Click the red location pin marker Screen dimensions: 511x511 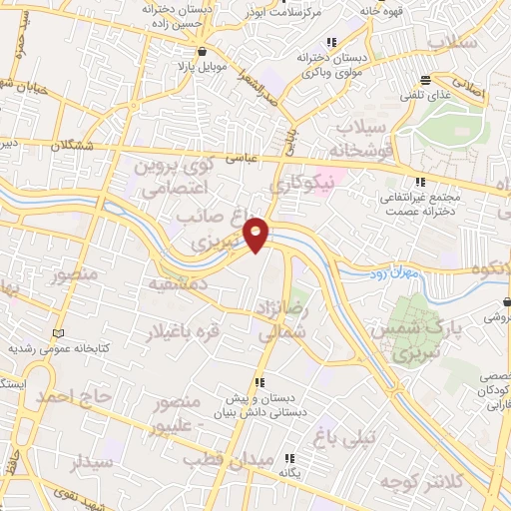pos(256,232)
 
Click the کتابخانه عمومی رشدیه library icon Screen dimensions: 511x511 pos(58,331)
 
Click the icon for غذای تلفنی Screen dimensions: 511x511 pos(426,79)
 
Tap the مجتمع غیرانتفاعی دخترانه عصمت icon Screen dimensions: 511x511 pos(420,182)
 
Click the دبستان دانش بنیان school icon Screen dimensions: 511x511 pos(259,381)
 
